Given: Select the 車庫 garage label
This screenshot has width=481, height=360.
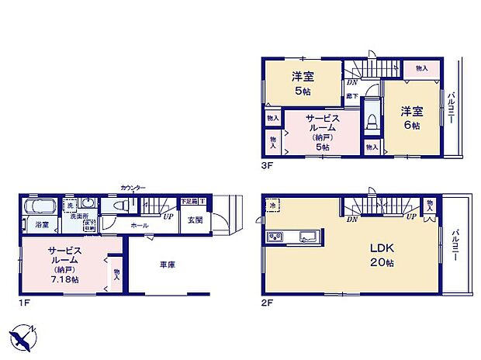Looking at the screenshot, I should click(x=167, y=265).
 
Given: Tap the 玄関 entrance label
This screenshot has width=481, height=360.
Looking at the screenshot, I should click(x=194, y=220).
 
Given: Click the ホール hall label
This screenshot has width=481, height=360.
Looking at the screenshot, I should click(x=140, y=225).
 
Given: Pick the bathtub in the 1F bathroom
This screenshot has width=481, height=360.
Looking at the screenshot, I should click(x=39, y=207).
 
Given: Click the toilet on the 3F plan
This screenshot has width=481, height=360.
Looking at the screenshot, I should click(x=371, y=120).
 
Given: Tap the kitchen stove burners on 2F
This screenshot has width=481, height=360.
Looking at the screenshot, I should click(x=277, y=236).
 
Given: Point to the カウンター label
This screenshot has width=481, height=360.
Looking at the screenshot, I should click(x=133, y=188).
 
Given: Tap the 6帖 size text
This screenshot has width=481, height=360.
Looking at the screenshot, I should click(x=411, y=125).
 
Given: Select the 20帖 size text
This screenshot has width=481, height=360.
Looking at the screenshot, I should click(x=382, y=263).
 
